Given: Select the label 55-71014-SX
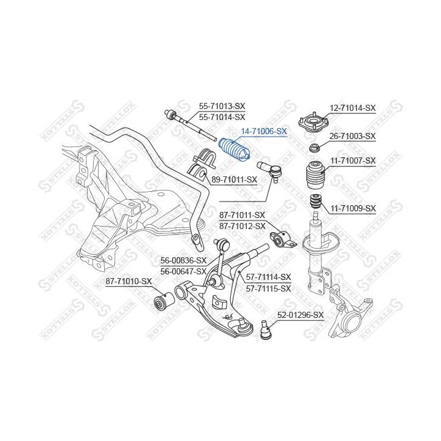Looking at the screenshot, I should click(x=222, y=116).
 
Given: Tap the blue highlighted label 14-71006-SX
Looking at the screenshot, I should click(x=264, y=131).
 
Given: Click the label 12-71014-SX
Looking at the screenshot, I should click(x=353, y=108).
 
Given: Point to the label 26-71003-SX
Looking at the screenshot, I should click(x=353, y=136).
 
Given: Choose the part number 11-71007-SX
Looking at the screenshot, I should click(x=353, y=160).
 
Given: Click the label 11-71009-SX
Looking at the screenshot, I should click(x=353, y=208).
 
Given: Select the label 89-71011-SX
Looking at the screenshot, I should click(x=234, y=179).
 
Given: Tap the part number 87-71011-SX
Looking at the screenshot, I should click(x=242, y=216).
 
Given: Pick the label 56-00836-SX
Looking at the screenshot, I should click(x=183, y=260).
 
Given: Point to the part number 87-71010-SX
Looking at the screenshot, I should click(x=129, y=281).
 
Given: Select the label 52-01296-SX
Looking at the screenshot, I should click(x=300, y=315).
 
